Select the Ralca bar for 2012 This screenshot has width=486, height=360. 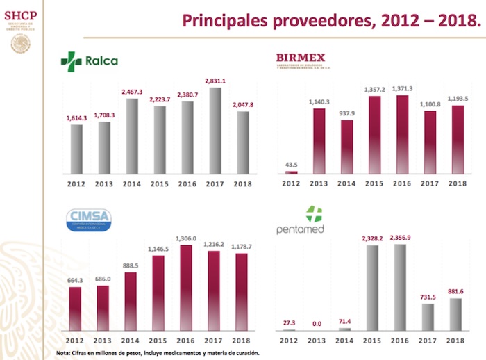coord(76,149)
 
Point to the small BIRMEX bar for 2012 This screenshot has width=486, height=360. coord(292,172)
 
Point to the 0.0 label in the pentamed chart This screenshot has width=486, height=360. coord(318,324)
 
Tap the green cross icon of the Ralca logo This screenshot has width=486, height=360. coord(71,60)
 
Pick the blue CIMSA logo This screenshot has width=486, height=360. coord(87,220)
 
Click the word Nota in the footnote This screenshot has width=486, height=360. coord(64,353)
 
